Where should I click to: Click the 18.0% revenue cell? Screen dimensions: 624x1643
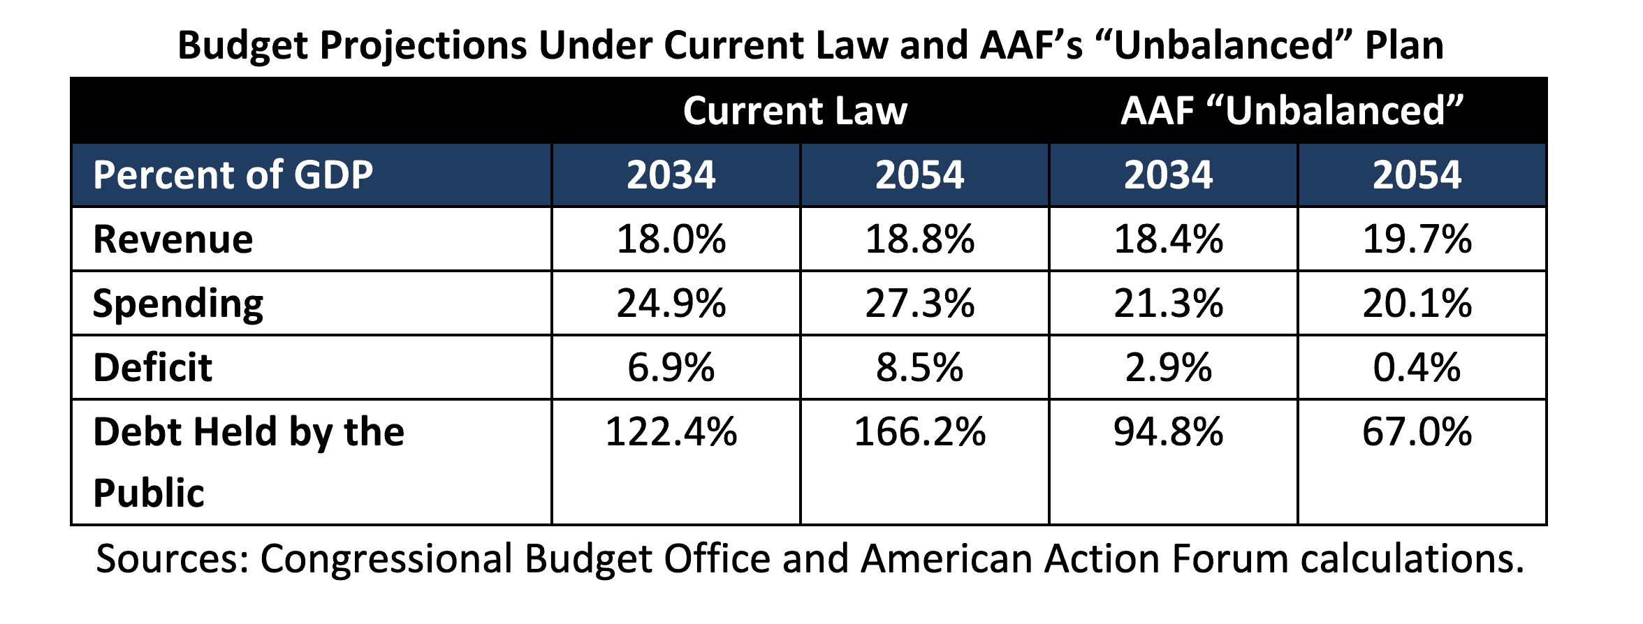click(671, 239)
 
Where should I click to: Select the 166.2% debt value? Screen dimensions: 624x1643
click(919, 431)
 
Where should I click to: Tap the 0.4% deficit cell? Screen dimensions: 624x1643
click(1417, 368)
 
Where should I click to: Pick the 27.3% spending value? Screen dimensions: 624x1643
click(919, 304)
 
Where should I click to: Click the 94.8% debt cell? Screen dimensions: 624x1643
click(1168, 431)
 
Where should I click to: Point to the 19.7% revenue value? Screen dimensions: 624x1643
click(1417, 239)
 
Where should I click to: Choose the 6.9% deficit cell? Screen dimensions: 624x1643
click(671, 368)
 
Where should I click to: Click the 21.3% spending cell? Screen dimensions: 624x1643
click(1168, 304)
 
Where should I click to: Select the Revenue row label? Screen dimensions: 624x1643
click(173, 239)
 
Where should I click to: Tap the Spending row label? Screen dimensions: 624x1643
click(177, 304)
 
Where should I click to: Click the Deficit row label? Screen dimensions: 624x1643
click(152, 368)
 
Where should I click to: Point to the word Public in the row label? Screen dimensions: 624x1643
click(148, 493)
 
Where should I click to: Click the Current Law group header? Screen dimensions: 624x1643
click(795, 111)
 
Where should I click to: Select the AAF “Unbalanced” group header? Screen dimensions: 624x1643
click(1292, 111)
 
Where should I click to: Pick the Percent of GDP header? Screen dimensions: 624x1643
click(233, 174)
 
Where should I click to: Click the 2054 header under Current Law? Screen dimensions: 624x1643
click(919, 174)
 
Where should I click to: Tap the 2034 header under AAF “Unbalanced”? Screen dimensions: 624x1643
click(1168, 174)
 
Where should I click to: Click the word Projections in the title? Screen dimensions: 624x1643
click(423, 46)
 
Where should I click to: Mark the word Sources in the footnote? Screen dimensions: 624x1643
click(172, 559)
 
